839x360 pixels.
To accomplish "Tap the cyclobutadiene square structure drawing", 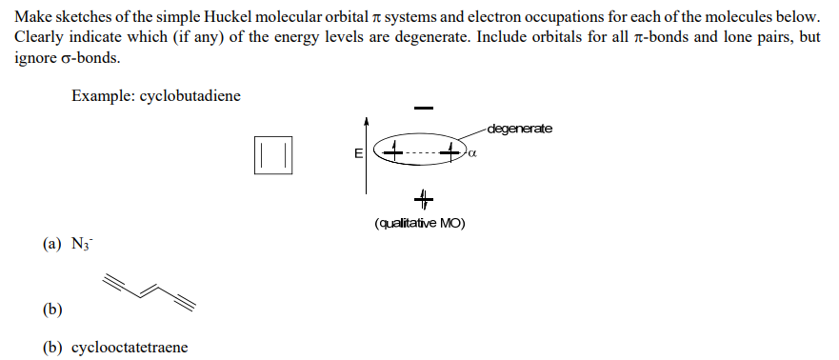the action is pos(273,154).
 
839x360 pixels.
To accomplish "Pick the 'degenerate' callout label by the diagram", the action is pos(518,129).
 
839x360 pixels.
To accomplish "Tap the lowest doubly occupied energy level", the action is pos(423,199).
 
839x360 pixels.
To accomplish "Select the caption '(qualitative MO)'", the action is pos(420,224).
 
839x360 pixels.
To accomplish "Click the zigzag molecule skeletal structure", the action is pos(150,290).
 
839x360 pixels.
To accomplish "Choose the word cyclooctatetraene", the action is pos(129,347).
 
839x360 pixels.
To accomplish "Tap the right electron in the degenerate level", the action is pos(453,150).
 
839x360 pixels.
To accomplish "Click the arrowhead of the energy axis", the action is pos(366,122).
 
